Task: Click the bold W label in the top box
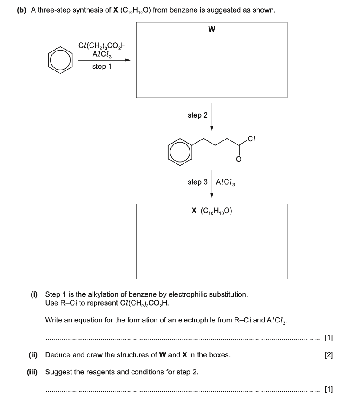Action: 212,29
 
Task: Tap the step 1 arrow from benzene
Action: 104,61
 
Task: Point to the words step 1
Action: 102,67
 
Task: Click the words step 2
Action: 197,115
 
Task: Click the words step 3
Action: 197,182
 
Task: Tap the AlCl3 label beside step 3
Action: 225,182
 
